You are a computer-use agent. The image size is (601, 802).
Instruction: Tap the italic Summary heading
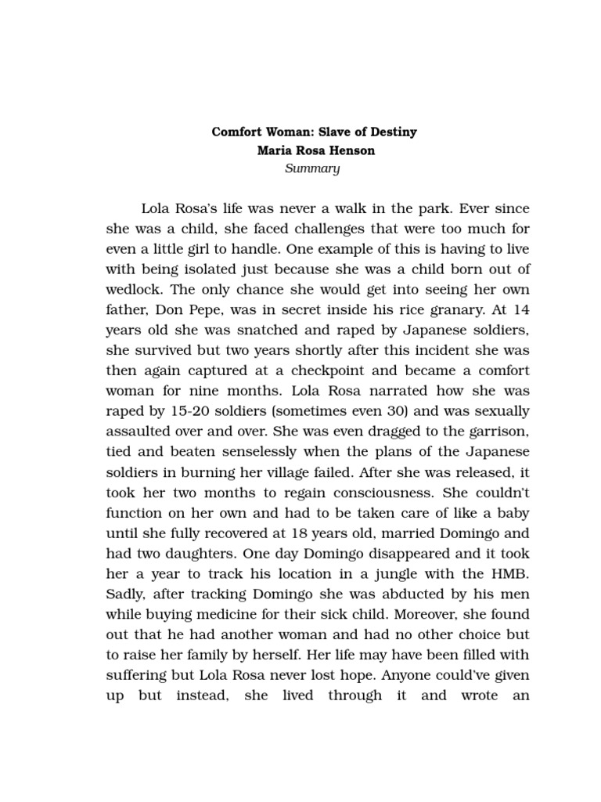coord(312,168)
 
